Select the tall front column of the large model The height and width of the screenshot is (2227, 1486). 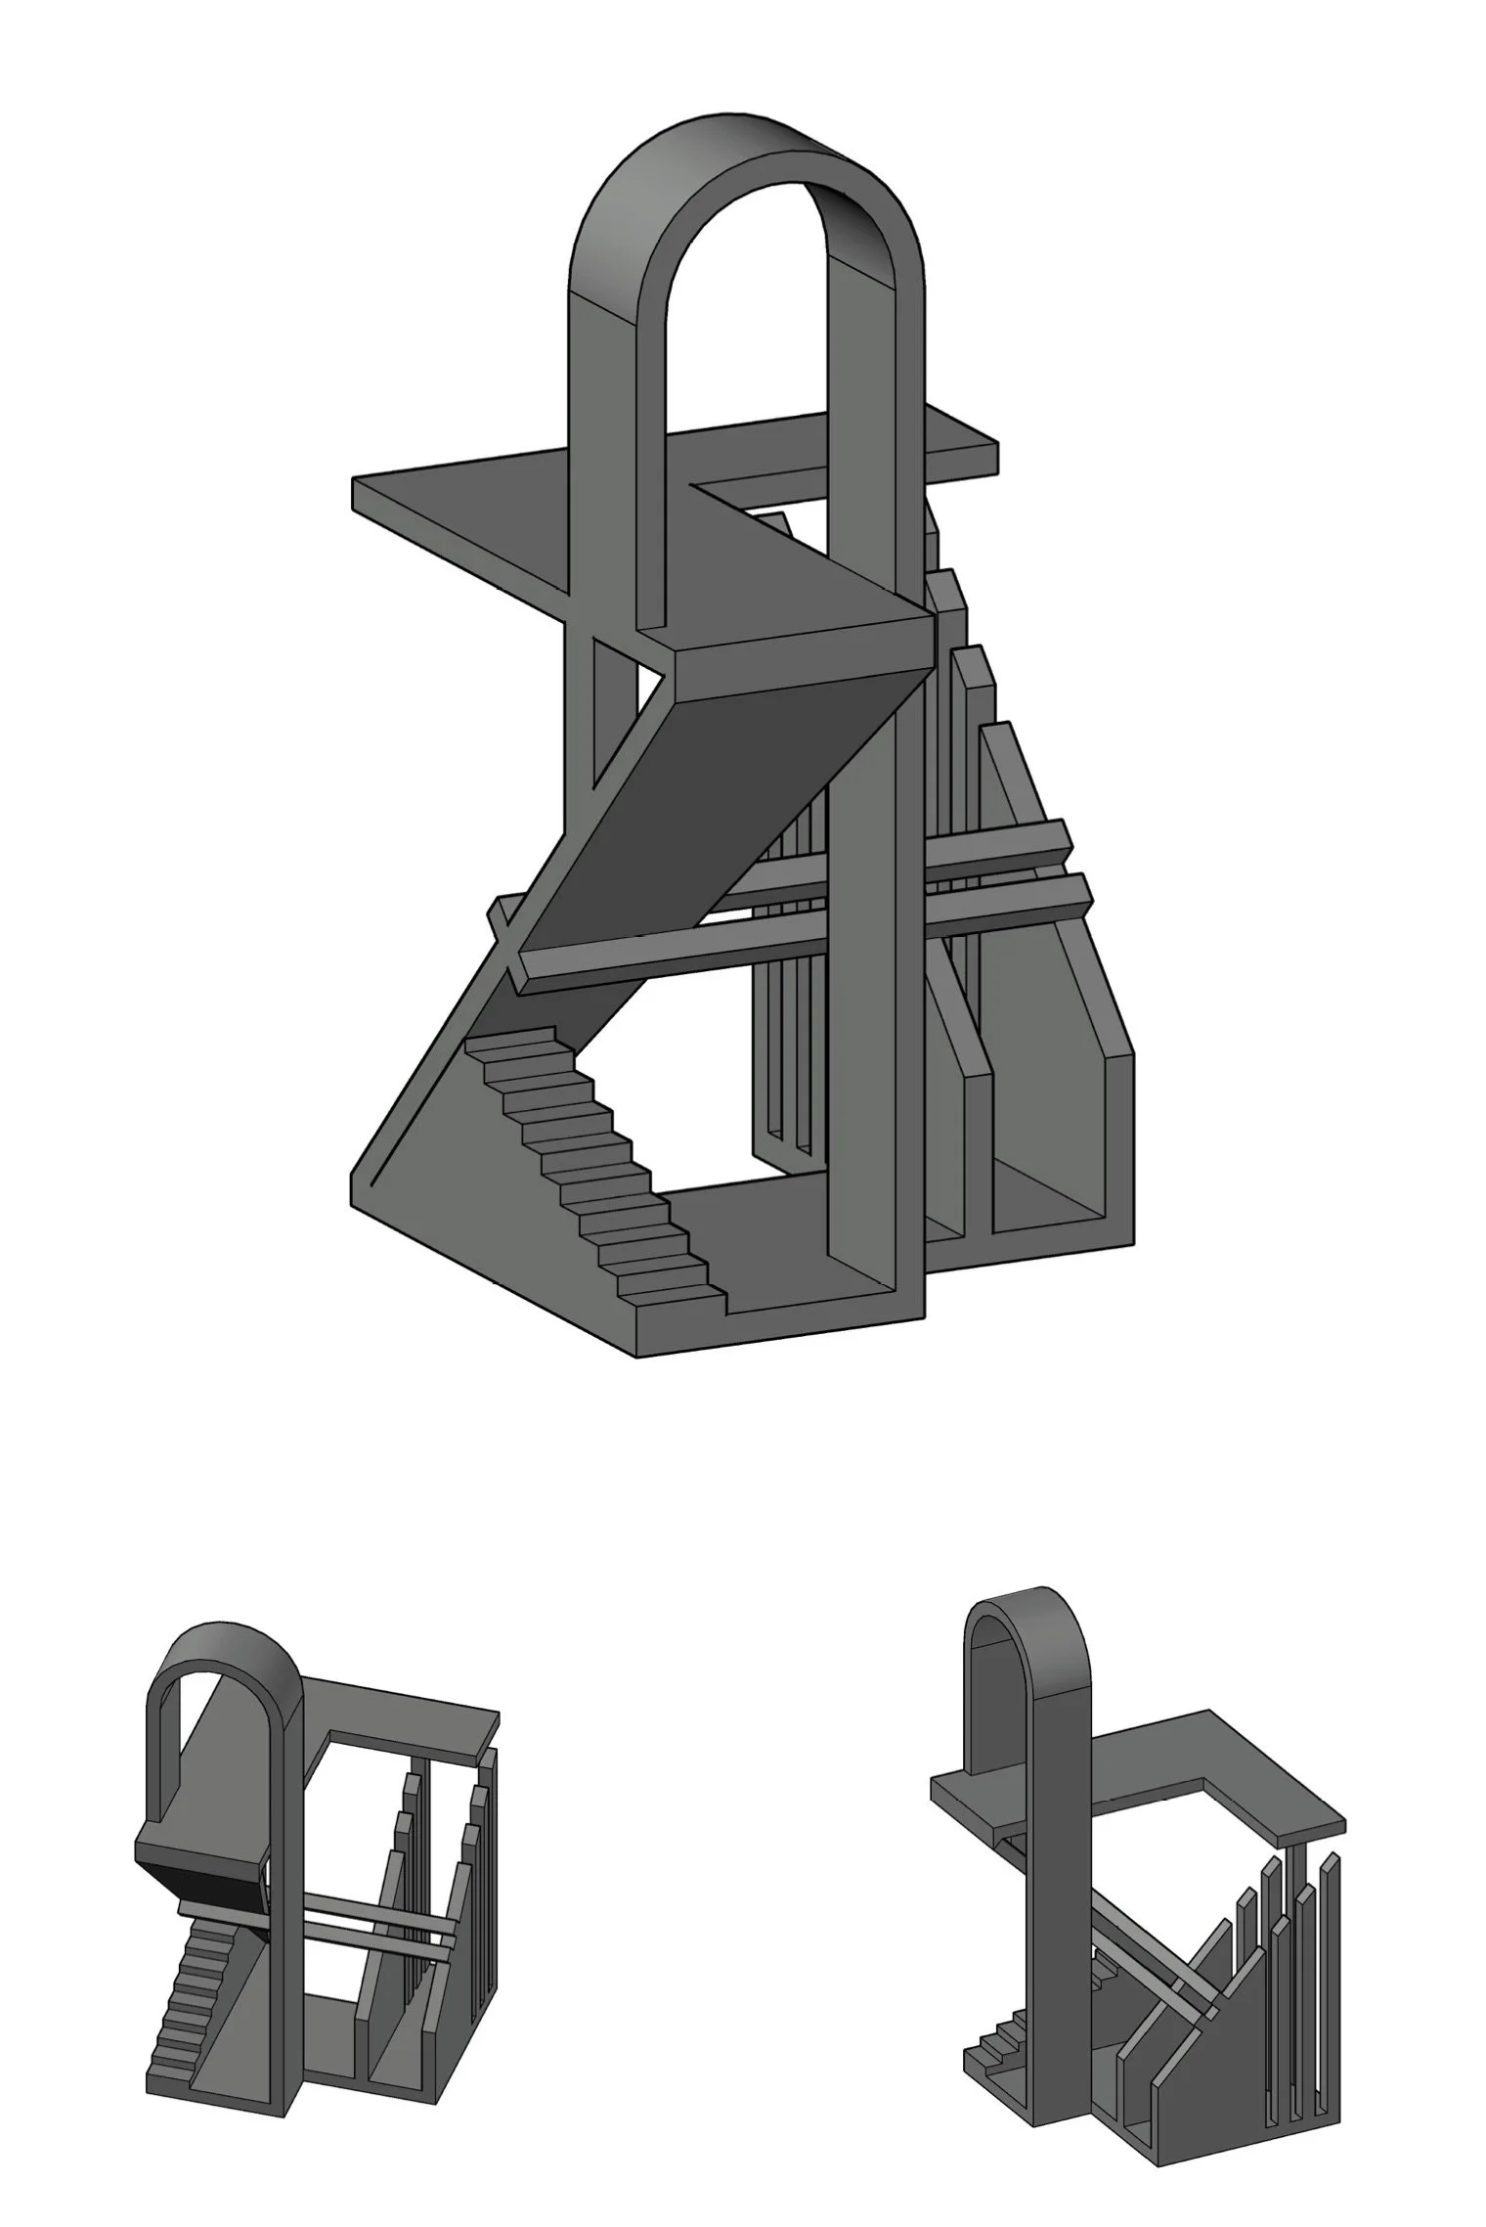point(870,978)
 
